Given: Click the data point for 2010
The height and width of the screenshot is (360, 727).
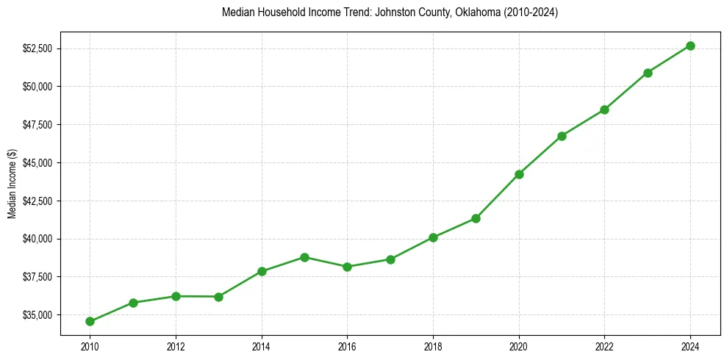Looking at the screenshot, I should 90,321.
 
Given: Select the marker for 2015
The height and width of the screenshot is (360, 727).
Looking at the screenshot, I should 304,257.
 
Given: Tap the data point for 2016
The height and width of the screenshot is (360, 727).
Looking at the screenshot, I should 347,267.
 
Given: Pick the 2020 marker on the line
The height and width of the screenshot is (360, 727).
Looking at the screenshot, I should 519,174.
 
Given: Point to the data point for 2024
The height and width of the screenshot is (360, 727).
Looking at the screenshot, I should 691,46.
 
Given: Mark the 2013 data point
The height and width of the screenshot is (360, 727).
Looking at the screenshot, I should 218,297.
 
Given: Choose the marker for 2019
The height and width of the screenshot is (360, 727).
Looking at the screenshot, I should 476,218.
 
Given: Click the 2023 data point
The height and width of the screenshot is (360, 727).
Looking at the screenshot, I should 648,73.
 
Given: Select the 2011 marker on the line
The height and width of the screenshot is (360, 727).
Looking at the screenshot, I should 133,303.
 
